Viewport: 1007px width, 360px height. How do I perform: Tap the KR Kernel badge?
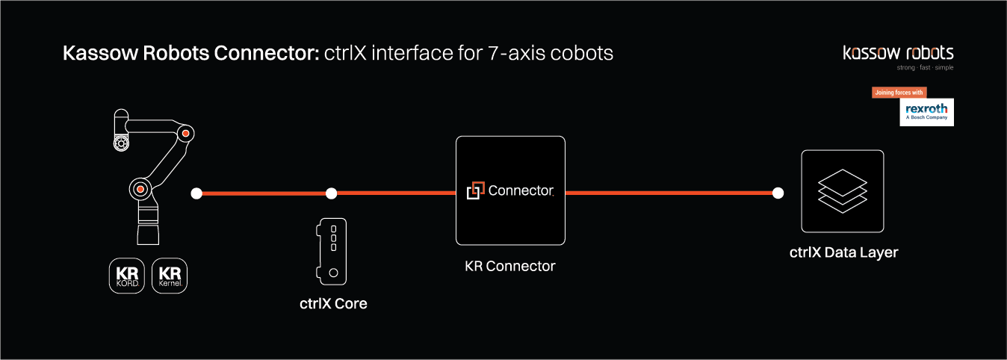[170, 276]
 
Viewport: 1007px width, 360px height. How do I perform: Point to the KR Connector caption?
[509, 265]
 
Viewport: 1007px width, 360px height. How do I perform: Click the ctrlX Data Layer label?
[843, 252]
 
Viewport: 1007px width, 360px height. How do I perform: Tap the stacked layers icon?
[842, 190]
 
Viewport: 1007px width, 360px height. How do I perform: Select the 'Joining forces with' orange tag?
[899, 93]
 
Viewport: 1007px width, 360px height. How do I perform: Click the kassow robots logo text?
[898, 53]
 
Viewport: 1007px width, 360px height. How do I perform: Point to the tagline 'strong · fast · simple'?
[925, 68]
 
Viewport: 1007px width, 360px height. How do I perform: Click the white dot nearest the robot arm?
[196, 193]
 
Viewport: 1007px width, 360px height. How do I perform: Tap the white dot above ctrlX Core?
[332, 193]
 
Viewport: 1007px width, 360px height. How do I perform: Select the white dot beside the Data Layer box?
[778, 193]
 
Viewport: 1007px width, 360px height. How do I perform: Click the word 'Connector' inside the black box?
[521, 190]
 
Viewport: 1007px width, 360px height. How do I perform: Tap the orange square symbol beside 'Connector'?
[475, 191]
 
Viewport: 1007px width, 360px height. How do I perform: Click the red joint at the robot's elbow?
[186, 134]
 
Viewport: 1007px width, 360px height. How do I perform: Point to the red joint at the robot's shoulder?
[140, 188]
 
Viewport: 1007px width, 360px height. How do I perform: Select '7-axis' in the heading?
[509, 54]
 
